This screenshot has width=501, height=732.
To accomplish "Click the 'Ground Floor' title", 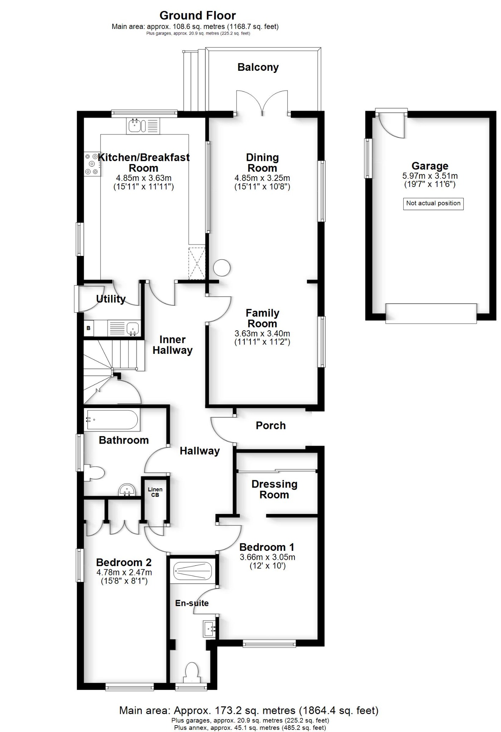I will coord(198,15).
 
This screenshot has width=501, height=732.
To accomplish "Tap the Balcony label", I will coord(258,67).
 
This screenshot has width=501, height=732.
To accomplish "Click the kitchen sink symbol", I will coord(136,126).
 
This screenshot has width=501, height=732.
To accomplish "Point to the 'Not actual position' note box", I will coord(433,203).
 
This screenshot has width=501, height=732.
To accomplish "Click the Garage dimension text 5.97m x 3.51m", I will coord(430,176).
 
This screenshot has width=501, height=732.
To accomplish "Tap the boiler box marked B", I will coord(88,328).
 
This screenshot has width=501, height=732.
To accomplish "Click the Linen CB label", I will coord(155,492).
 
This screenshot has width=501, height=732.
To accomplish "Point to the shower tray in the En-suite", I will coord(193,572).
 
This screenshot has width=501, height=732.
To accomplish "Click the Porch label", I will coord(271,425).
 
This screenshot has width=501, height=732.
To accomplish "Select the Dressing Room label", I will coord(274,489).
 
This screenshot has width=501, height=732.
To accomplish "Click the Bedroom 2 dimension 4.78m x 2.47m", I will coord(124,572).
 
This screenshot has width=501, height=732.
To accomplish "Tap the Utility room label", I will coord(111,299).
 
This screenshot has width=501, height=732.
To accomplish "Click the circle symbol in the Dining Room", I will coord(222,267).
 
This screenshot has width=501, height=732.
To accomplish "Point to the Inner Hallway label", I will coord(172,345).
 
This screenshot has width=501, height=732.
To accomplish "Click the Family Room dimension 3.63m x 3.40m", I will coord(262,333).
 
